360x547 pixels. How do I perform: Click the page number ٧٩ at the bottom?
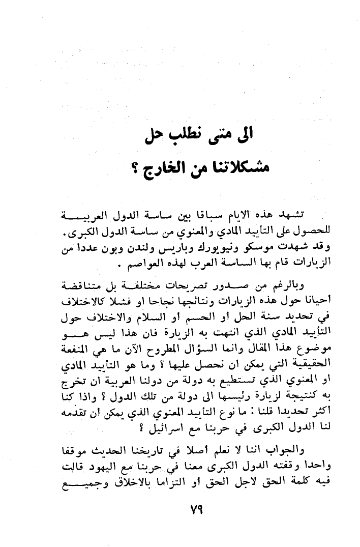tap(195, 509)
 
